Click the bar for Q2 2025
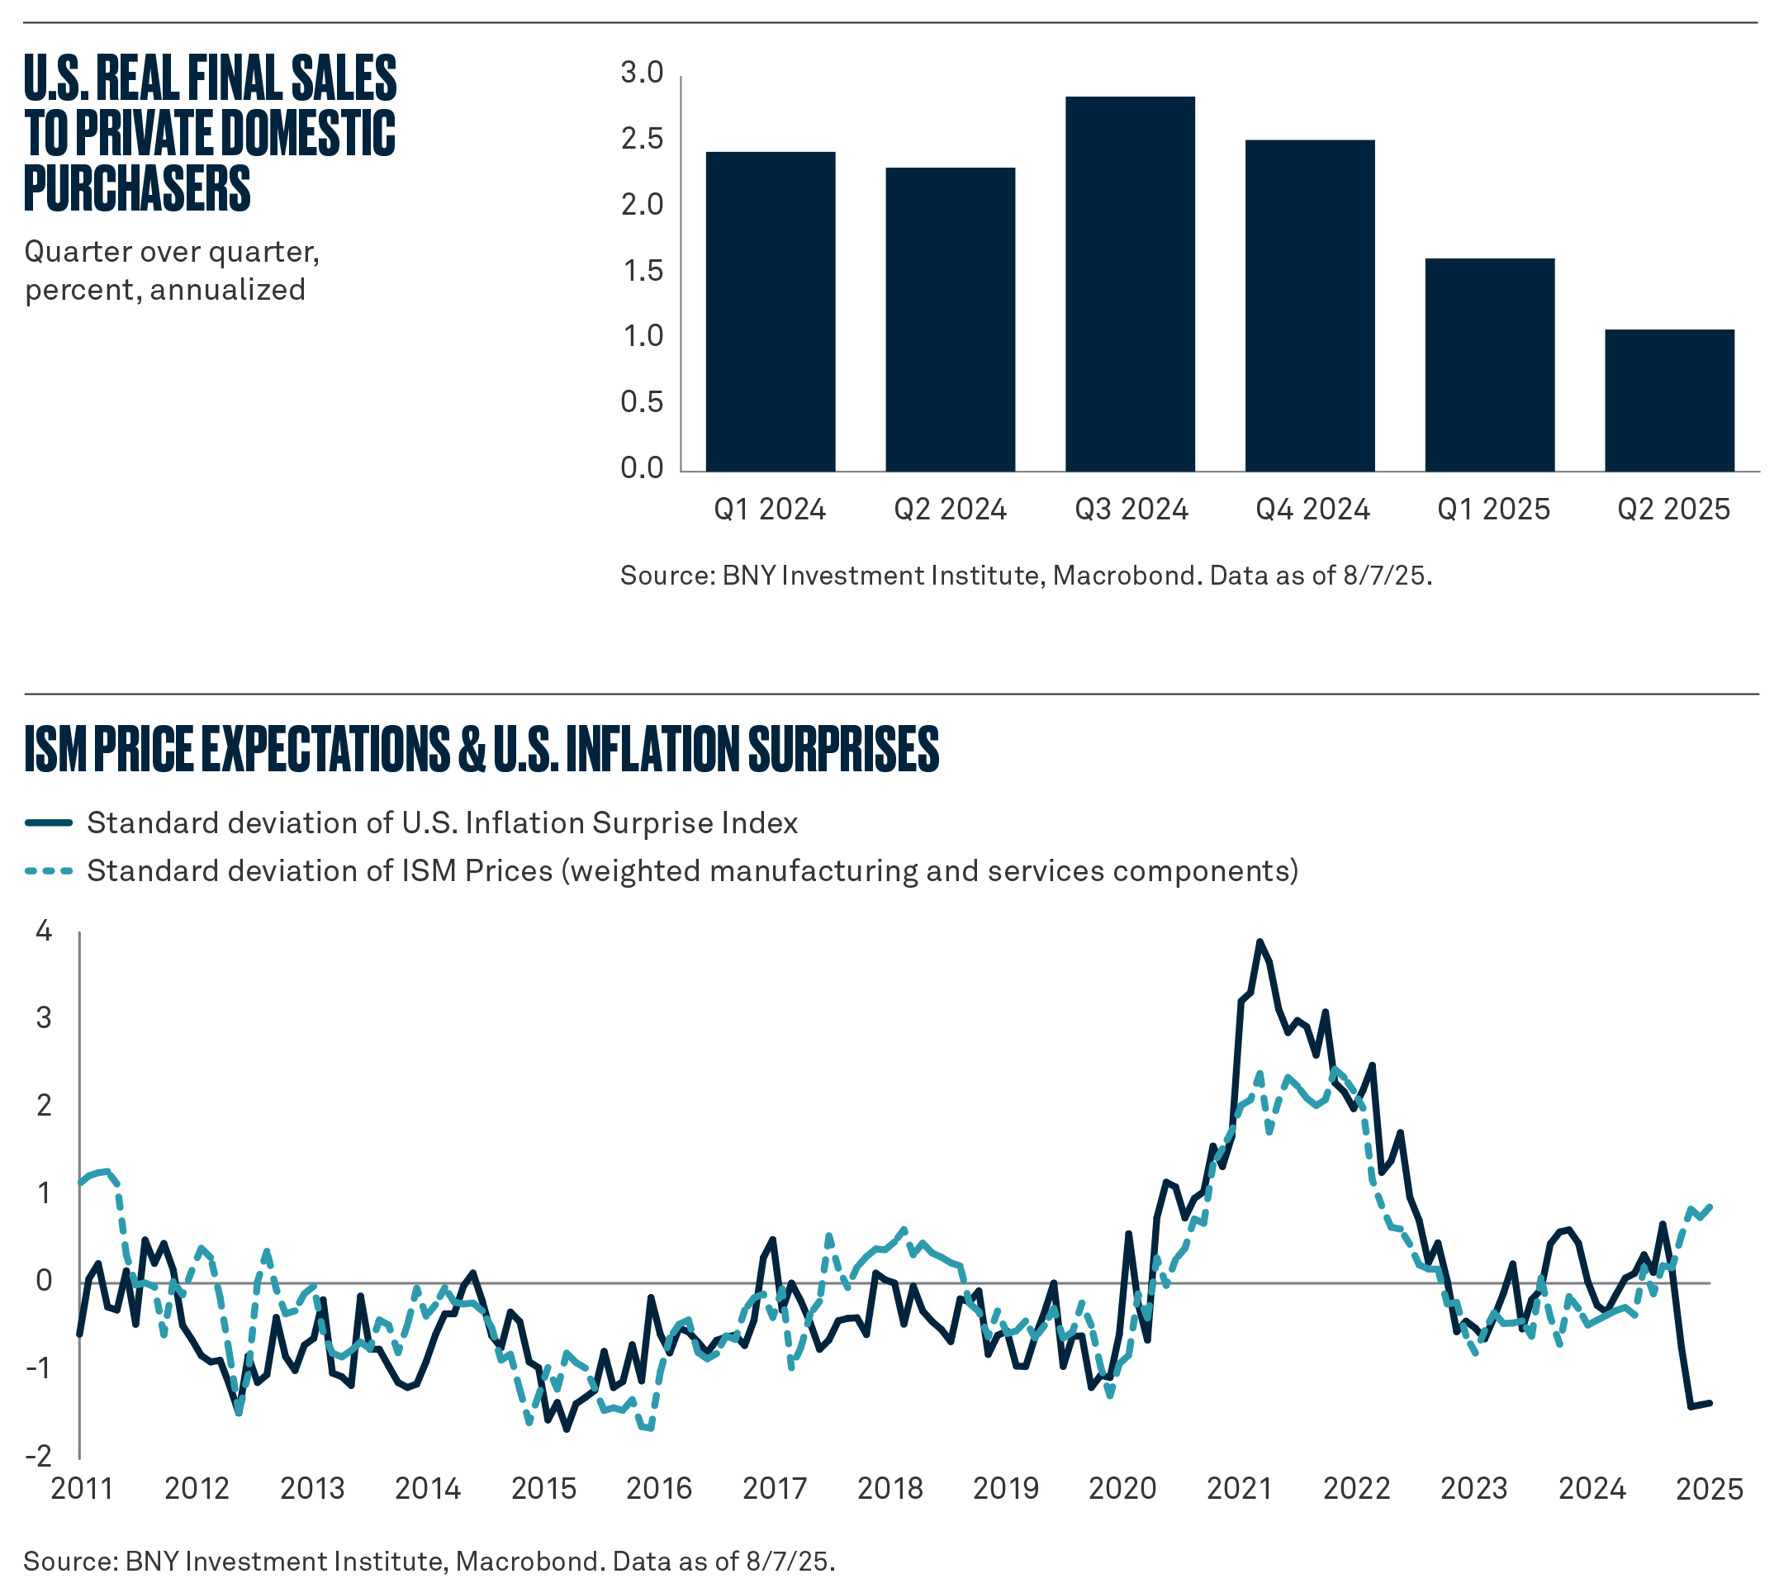(1668, 401)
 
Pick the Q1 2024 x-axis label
(769, 510)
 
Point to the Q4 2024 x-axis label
(1312, 510)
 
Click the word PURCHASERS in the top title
(137, 187)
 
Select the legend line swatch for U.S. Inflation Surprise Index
(49, 822)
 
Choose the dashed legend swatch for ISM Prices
(49, 870)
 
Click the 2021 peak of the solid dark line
(1258, 941)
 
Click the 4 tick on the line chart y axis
(44, 931)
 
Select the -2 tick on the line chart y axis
(40, 1456)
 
